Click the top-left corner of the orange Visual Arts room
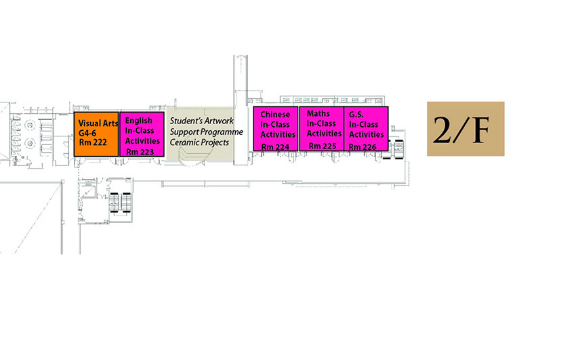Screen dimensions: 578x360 pos(74,112)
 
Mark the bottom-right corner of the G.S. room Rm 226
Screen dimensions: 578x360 pos(388,151)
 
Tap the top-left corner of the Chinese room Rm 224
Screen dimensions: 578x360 pos(253,106)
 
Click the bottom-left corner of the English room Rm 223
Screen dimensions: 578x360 pos(120,157)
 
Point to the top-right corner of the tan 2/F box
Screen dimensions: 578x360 pos(504,102)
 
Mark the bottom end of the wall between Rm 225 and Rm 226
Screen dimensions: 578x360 pos(344,151)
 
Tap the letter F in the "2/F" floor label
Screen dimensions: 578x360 pos(480,130)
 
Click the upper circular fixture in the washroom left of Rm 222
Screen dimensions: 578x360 pos(30,125)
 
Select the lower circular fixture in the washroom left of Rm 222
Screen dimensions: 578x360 pos(30,142)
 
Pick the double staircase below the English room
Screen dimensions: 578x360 pos(121,203)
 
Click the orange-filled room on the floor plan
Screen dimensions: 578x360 pos(96,134)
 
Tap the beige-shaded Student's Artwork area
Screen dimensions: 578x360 pos(199,134)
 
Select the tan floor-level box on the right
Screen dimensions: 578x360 pos(466,129)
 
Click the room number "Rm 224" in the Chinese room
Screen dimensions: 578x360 pos(275,147)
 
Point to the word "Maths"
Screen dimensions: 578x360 pos(318,114)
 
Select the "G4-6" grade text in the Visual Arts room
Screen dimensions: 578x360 pos(87,133)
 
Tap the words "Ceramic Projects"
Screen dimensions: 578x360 pos(199,142)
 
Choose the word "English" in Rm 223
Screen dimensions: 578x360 pos(139,121)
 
